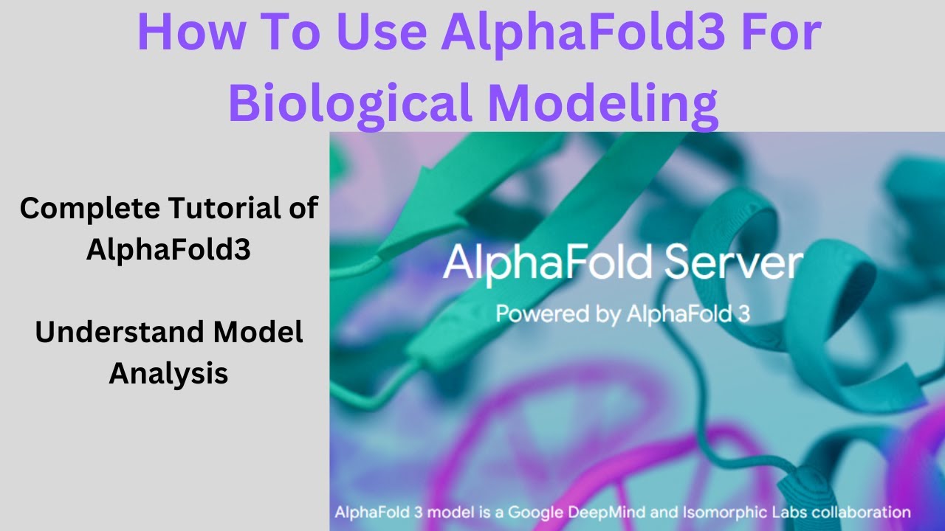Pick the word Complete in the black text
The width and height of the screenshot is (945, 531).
90,209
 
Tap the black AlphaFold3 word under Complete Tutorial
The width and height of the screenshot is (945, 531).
168,249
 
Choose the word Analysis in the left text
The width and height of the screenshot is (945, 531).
168,374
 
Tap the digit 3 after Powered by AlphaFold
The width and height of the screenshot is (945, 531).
745,314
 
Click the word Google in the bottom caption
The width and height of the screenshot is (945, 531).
535,513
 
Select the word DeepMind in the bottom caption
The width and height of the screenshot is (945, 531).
607,513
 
